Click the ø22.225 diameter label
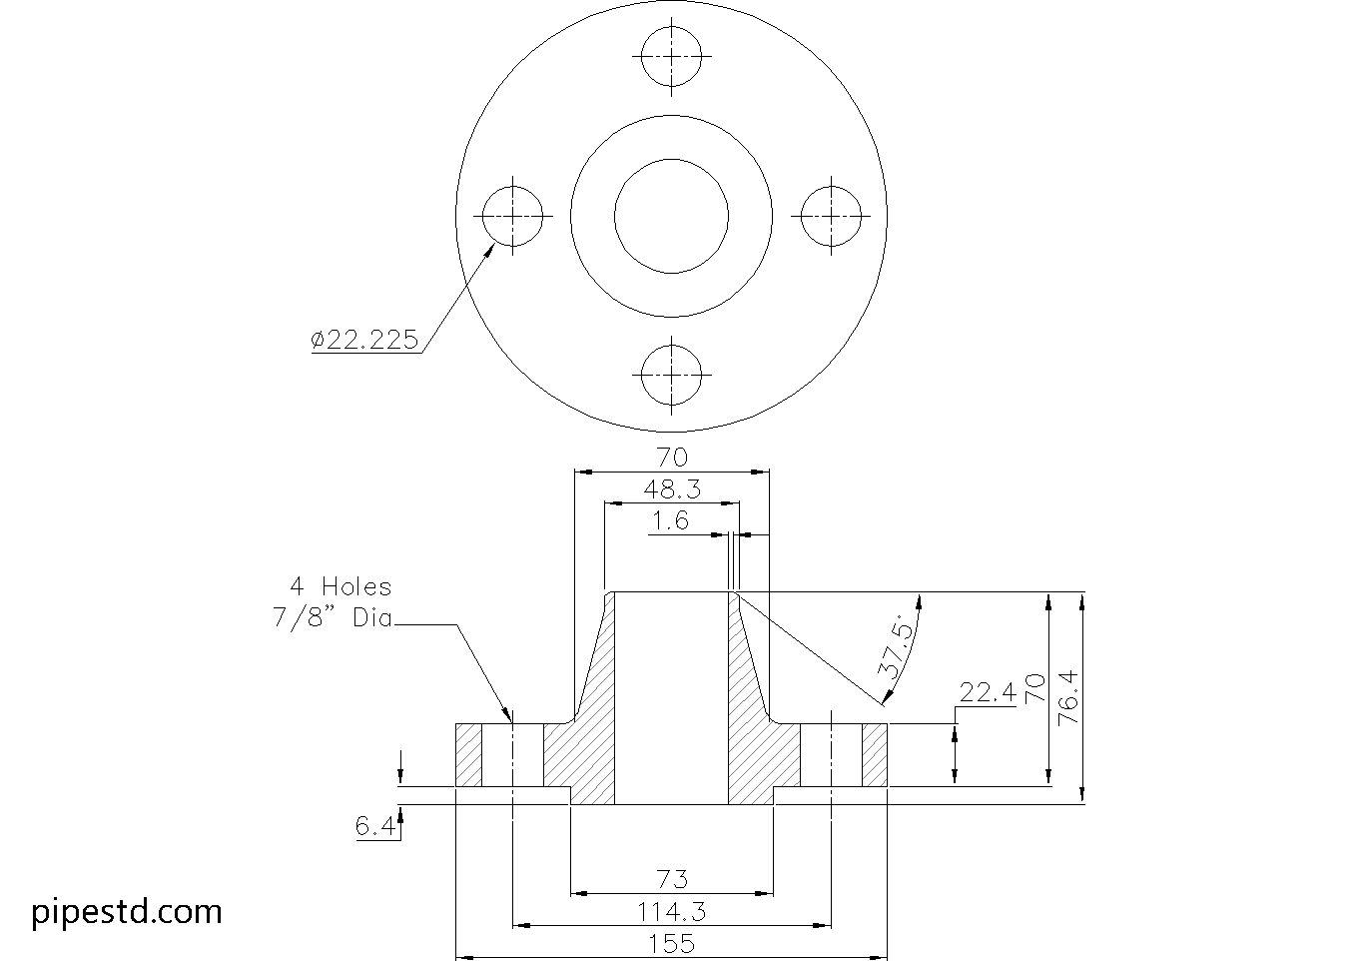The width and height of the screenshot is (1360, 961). pos(364,340)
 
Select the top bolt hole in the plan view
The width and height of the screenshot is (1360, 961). pos(672,56)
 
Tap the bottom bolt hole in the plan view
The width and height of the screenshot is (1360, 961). pos(672,376)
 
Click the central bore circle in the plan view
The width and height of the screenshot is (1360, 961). pos(672,216)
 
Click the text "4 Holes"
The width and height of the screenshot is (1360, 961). pos(340,586)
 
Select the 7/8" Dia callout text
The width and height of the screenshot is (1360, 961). pos(333,617)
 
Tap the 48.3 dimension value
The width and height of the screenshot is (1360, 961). pos(672,489)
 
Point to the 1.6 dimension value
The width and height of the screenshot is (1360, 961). pos(670,520)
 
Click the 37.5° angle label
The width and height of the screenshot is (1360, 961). pos(896,648)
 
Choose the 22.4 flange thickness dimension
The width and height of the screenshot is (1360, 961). pos(987,692)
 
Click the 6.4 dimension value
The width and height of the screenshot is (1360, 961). pos(374,827)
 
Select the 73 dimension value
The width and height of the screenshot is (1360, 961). pos(672,879)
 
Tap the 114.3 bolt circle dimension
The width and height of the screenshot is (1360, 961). pos(672,911)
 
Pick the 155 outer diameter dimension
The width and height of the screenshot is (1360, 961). pos(672,943)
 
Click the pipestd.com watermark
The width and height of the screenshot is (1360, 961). pos(127,912)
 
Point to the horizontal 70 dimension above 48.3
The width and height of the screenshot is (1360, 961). pos(672,458)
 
